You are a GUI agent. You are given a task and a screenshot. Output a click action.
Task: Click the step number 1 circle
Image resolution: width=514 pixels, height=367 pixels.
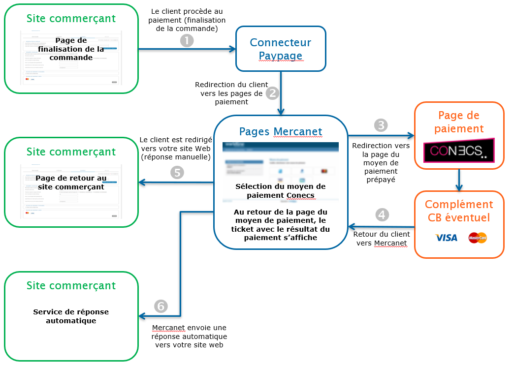pyautogui.click(x=187, y=40)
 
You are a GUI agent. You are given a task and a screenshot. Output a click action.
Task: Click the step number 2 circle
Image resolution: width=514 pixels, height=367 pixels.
pyautogui.click(x=272, y=93)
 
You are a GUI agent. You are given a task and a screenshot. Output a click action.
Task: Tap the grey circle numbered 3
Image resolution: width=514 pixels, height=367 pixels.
pyautogui.click(x=381, y=125)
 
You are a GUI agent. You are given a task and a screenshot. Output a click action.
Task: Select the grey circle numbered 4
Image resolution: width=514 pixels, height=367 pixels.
pyautogui.click(x=381, y=215)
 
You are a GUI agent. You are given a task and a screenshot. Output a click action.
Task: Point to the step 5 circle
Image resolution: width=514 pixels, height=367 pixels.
pyautogui.click(x=176, y=173)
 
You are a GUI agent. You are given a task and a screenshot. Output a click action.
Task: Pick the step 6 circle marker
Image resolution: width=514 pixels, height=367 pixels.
pyautogui.click(x=161, y=306)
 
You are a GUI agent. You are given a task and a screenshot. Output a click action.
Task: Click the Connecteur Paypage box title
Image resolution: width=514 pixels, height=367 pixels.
pyautogui.click(x=281, y=49)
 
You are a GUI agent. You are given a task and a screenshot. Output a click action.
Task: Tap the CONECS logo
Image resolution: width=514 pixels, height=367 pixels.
pyautogui.click(x=459, y=151)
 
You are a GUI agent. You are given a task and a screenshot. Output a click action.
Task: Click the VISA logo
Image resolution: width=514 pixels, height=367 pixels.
pyautogui.click(x=446, y=238)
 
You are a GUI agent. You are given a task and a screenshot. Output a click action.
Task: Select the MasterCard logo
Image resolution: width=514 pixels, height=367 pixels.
pyautogui.click(x=477, y=238)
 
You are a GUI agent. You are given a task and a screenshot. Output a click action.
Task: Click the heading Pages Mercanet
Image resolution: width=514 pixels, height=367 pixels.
pyautogui.click(x=281, y=131)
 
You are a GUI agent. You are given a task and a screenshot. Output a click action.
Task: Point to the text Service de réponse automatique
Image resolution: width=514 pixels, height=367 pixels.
pyautogui.click(x=71, y=316)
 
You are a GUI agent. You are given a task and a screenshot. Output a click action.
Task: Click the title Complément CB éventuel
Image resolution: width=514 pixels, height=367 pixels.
pyautogui.click(x=459, y=211)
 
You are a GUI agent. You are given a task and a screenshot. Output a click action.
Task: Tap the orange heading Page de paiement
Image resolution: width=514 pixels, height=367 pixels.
pyautogui.click(x=459, y=122)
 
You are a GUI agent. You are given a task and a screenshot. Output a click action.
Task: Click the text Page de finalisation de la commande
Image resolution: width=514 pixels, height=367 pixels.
pyautogui.click(x=71, y=49)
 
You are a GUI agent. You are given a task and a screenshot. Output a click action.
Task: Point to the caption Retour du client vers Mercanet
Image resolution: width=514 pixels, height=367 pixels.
pyautogui.click(x=381, y=239)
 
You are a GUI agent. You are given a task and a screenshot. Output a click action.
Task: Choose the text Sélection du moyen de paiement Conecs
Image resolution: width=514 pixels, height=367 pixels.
pyautogui.click(x=280, y=191)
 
